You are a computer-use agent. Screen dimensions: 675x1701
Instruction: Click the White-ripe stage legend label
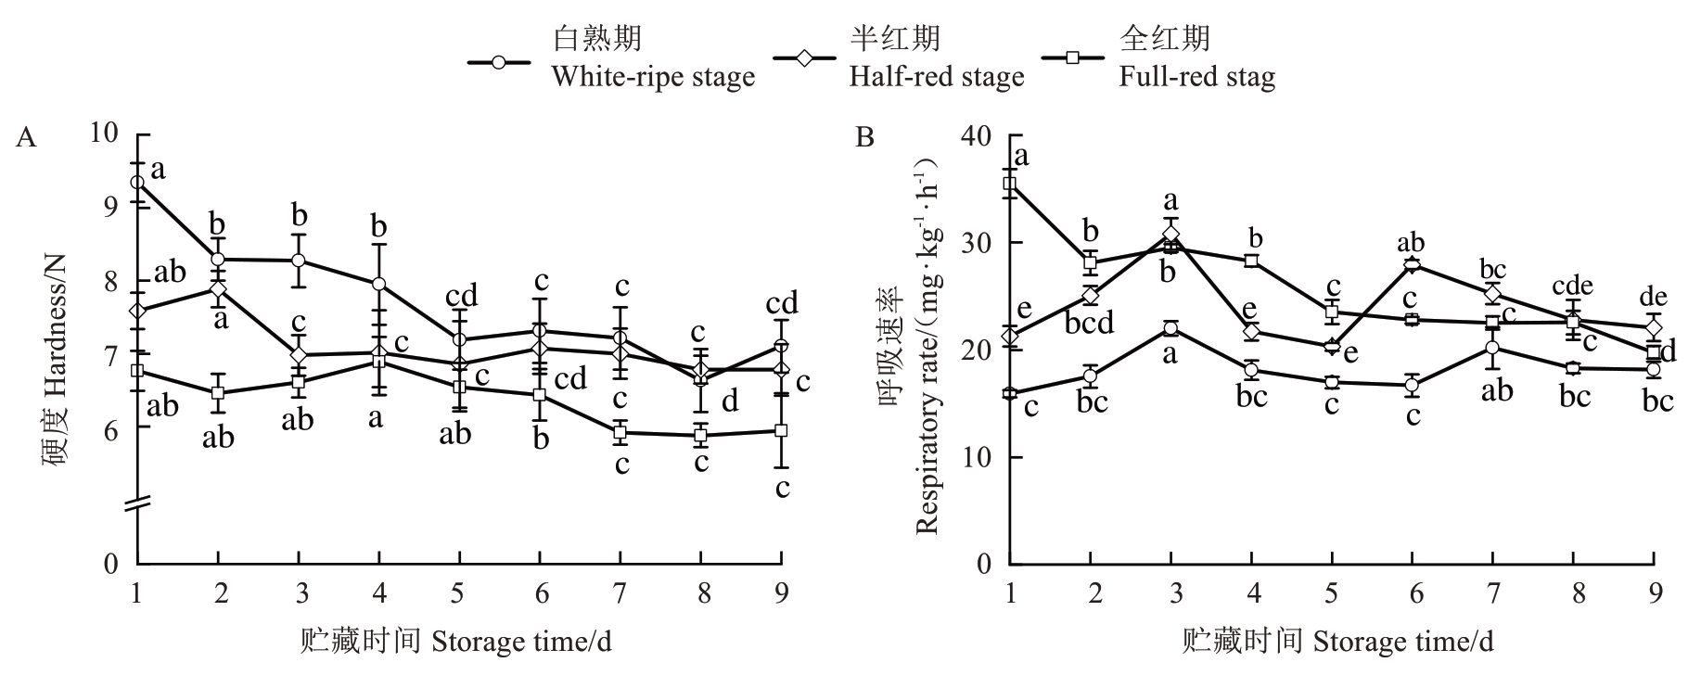653,76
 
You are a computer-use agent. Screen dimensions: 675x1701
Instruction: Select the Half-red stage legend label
937,76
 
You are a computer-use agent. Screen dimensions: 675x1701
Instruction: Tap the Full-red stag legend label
1196,76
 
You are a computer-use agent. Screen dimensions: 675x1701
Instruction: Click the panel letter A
27,138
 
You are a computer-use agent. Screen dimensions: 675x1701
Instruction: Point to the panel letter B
864,138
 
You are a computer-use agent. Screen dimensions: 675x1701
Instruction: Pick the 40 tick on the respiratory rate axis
979,136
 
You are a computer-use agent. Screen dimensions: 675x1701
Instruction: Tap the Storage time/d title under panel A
456,641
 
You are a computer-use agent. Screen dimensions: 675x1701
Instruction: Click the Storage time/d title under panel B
1337,641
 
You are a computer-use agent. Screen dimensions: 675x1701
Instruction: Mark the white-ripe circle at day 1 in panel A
137,183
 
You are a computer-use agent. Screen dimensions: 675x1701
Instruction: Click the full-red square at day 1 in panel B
1010,184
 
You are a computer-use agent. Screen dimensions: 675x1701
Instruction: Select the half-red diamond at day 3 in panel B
1170,234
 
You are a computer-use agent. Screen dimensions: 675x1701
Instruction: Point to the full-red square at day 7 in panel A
620,432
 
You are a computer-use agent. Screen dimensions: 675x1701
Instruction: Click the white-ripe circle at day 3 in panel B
1170,329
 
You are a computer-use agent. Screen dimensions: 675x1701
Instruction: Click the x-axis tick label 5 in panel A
458,592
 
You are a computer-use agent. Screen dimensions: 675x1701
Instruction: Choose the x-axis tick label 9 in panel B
1654,592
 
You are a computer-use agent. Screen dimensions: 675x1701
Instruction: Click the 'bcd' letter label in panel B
1091,324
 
